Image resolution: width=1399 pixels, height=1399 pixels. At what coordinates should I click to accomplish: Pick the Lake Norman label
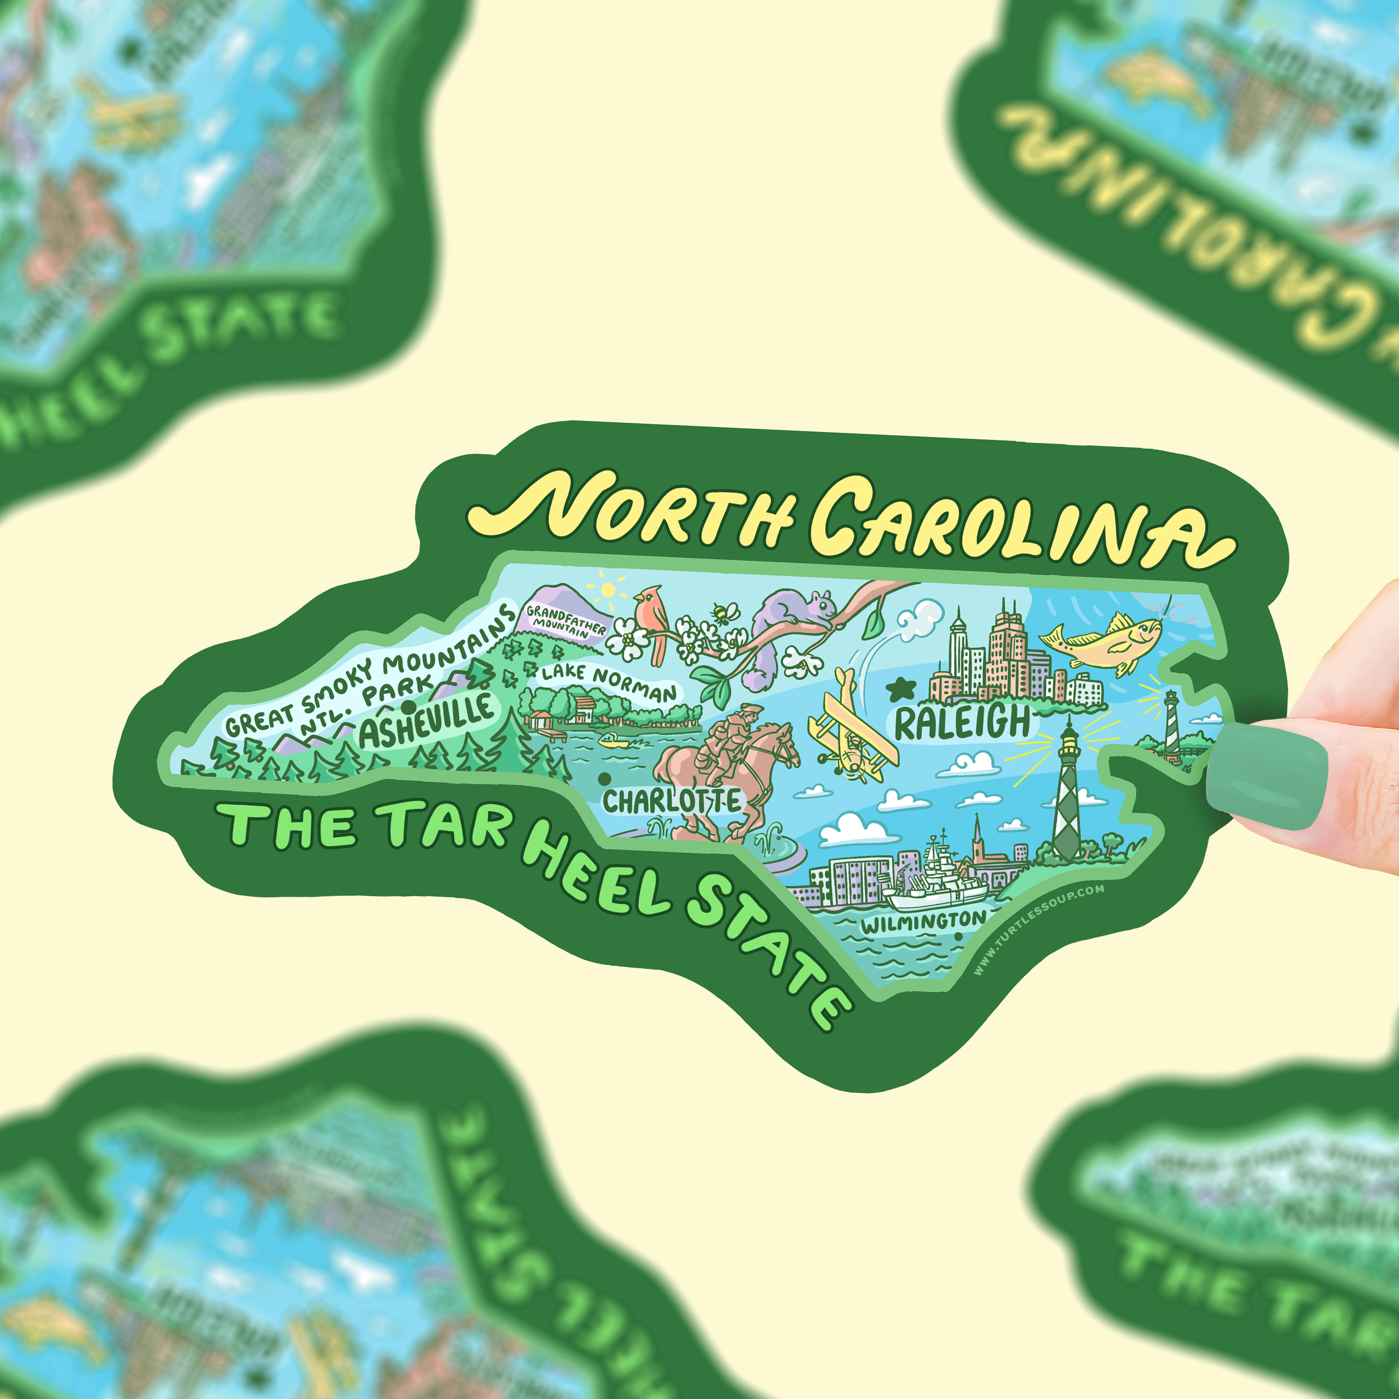coord(608,681)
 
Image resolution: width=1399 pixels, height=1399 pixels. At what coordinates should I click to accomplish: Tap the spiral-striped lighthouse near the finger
coord(1170,724)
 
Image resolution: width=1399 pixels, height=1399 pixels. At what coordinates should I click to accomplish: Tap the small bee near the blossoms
coord(722,614)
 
